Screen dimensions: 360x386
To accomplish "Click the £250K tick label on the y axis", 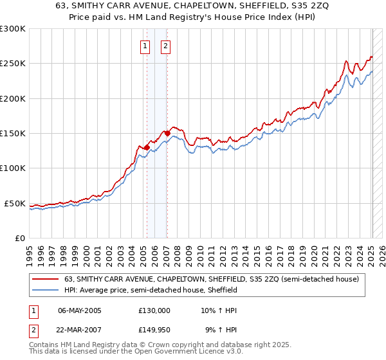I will click(x=13, y=64).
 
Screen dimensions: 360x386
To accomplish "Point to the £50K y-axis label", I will click(x=15, y=203).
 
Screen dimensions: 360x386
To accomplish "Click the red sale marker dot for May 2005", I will click(x=147, y=147).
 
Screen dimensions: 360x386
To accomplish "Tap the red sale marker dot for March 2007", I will click(x=167, y=133).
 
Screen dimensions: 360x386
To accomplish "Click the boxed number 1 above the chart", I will click(x=145, y=46).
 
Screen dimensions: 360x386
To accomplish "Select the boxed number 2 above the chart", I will click(x=165, y=46).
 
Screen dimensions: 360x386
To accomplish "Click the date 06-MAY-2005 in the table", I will click(x=80, y=310).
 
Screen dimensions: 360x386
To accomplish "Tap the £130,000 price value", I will click(x=154, y=310).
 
